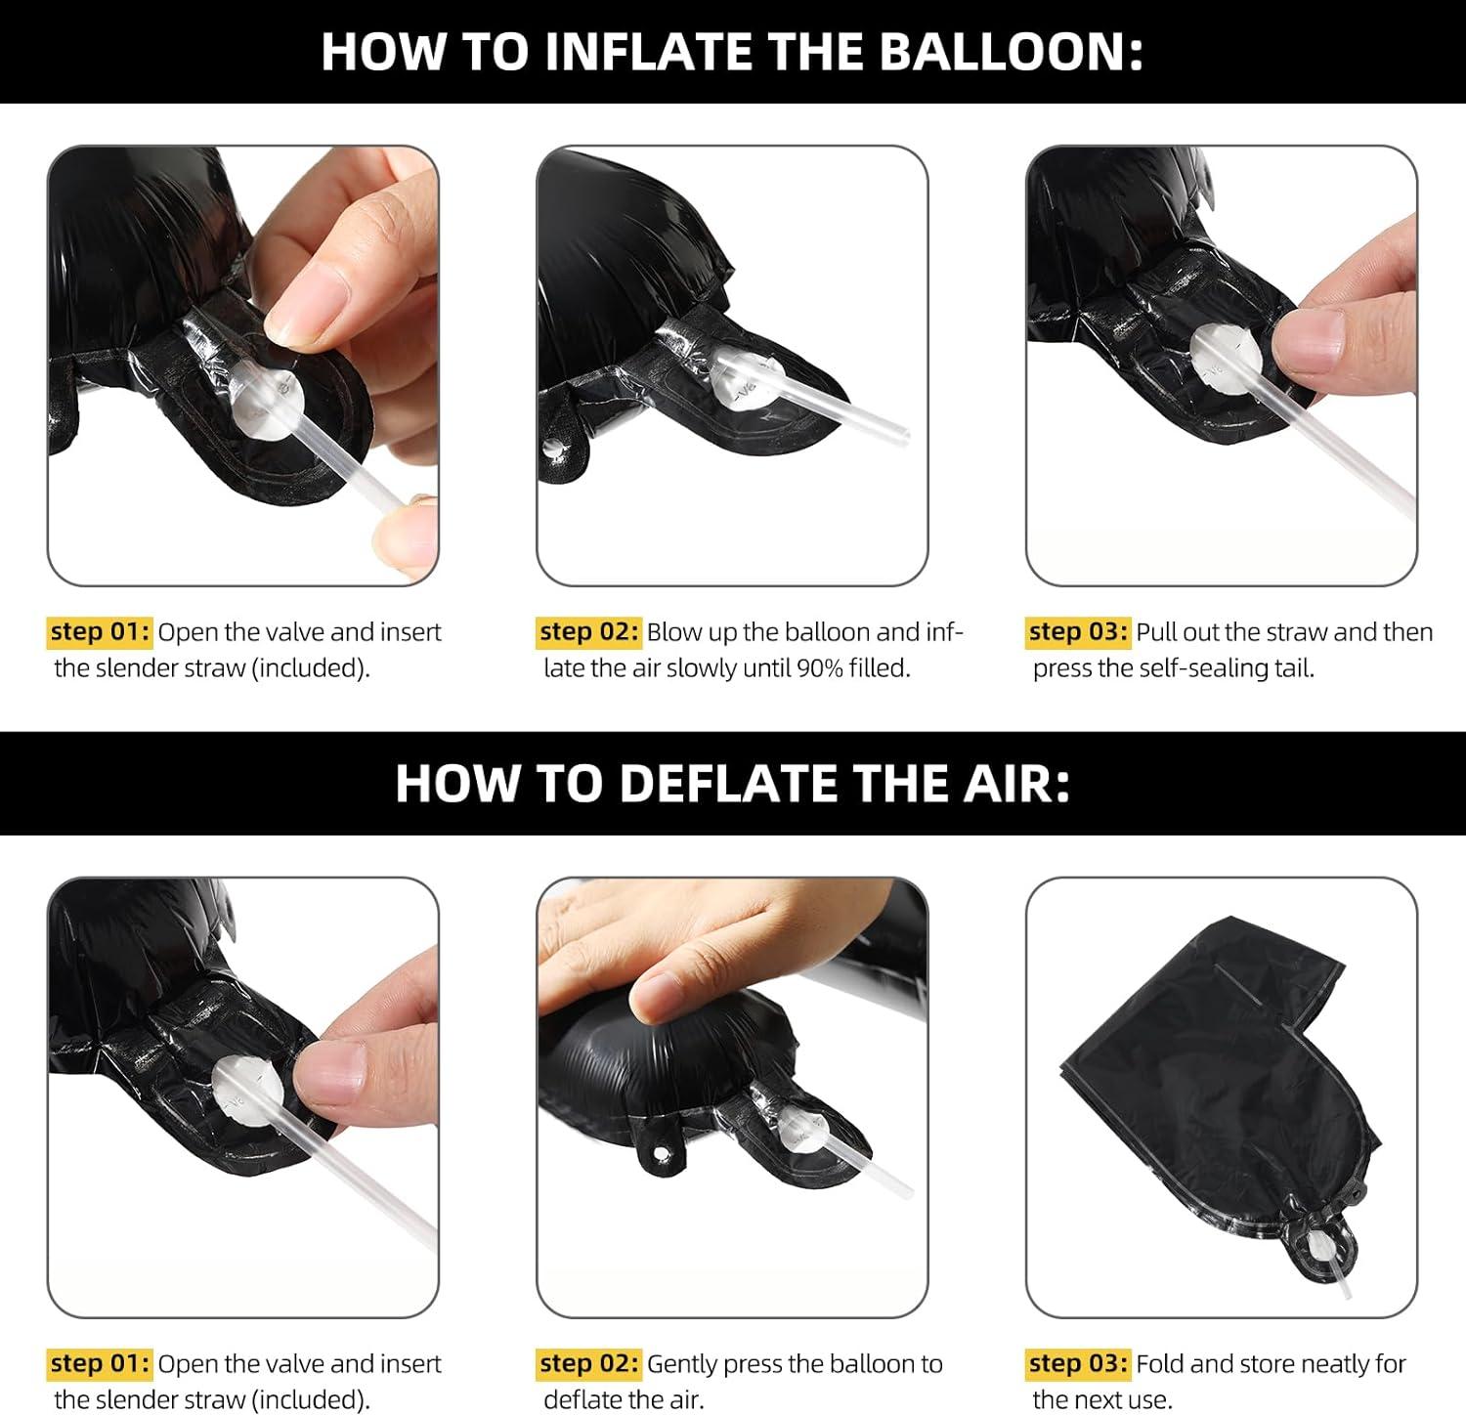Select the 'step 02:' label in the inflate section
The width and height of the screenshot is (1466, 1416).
(589, 631)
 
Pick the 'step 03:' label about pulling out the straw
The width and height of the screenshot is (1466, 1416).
(1078, 631)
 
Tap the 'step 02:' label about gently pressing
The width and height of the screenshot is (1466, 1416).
(589, 1363)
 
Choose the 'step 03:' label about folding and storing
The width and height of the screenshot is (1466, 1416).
(1078, 1363)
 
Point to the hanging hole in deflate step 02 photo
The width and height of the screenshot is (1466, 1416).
(665, 1155)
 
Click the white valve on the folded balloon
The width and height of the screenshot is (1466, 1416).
(1340, 1245)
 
